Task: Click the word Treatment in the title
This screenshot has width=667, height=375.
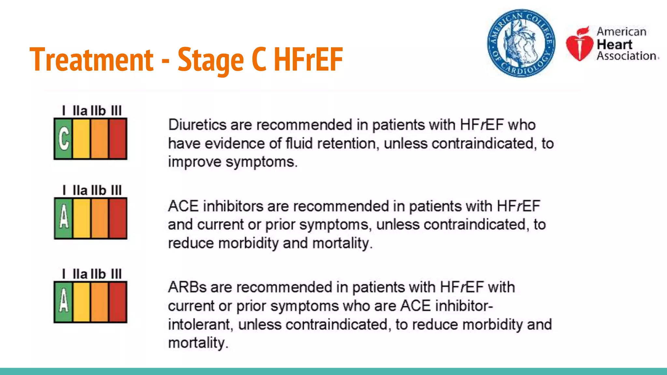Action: (91, 59)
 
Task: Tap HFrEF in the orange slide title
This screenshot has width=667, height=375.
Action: (308, 59)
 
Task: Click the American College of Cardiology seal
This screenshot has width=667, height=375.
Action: (521, 43)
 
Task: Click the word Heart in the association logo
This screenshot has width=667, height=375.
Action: (614, 44)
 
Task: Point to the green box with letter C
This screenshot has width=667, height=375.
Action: (64, 139)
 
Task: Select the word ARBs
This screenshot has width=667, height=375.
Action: (187, 287)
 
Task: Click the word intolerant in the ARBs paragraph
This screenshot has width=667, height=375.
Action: (199, 325)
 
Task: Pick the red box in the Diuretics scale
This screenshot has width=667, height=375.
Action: (118, 139)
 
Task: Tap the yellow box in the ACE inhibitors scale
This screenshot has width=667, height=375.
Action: (81, 218)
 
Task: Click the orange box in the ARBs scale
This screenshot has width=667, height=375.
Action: (99, 302)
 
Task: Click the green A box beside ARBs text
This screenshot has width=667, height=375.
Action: (64, 302)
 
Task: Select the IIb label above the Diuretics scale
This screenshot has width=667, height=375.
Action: (98, 111)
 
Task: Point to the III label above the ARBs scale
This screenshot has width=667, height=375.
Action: (116, 274)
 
